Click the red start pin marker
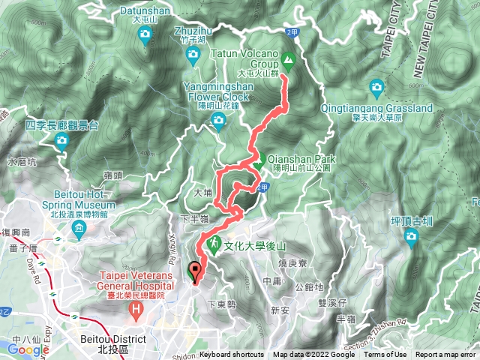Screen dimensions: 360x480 196,271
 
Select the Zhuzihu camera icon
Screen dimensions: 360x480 193,55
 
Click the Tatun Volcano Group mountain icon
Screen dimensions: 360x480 288,59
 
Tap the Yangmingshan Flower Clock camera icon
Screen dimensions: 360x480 219,121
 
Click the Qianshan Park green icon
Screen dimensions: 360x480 257,160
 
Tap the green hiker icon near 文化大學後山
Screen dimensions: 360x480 213,244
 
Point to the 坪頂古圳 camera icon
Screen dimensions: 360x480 411,238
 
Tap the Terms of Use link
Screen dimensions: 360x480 385,355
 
